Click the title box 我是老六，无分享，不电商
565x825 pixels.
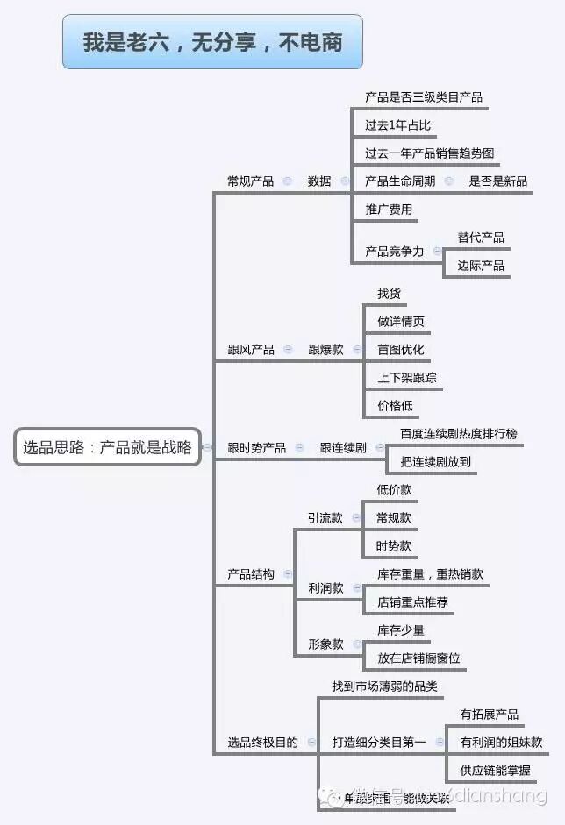pos(212,41)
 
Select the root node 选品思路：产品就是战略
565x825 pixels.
pos(107,447)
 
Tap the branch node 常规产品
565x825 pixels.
pos(250,181)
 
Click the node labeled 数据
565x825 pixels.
pos(319,181)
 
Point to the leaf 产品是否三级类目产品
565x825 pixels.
pos(424,97)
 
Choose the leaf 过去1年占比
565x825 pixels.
pos(397,125)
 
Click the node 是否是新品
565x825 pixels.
pos(498,181)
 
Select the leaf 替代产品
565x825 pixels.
pos(481,238)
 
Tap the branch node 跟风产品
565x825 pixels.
pos(250,350)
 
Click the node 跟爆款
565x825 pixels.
pos(325,350)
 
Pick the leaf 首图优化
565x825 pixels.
pos(400,350)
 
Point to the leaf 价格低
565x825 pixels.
pos(395,406)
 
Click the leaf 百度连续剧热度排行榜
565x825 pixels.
pos(459,434)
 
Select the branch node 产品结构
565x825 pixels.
pos(250,574)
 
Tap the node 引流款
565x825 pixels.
pos(325,518)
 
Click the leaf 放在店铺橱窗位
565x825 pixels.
pos(418,658)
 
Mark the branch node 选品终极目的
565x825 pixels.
pos(262,743)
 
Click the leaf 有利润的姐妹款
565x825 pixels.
pos(501,743)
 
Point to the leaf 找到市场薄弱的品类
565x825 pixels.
pos(384,686)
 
